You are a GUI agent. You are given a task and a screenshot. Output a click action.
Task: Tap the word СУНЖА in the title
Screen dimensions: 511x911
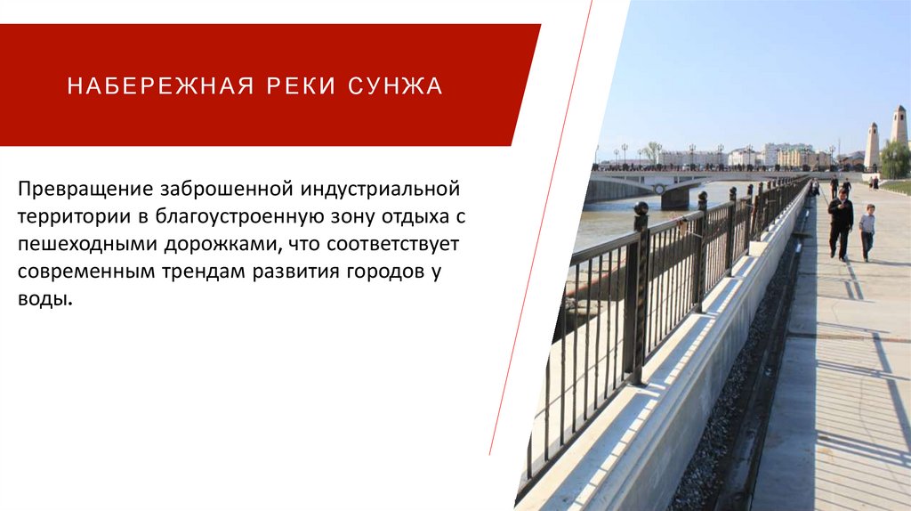tap(395, 86)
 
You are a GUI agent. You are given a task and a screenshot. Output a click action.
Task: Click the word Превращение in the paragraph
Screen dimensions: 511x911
tap(85, 189)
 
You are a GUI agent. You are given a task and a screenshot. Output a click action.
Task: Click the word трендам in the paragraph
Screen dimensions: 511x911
tap(283, 272)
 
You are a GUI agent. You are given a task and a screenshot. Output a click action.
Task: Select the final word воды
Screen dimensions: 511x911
tap(42, 300)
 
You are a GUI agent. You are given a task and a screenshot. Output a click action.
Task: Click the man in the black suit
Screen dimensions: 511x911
tap(840, 223)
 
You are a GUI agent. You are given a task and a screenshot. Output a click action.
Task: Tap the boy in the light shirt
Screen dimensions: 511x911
tap(867, 232)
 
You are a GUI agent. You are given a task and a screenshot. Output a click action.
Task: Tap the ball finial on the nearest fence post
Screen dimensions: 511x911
tap(641, 209)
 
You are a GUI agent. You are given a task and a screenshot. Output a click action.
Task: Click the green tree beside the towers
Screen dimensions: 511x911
tap(894, 160)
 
